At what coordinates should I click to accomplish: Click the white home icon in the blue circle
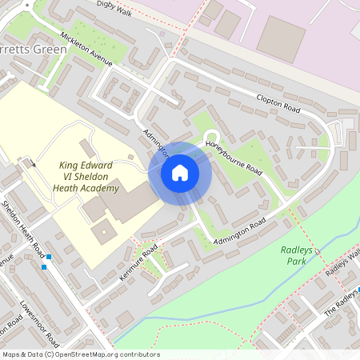coord(180,173)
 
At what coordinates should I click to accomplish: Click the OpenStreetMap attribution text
coord(81,354)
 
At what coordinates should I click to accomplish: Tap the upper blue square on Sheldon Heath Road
coord(49,257)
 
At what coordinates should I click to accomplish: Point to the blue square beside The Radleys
coord(358,289)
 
